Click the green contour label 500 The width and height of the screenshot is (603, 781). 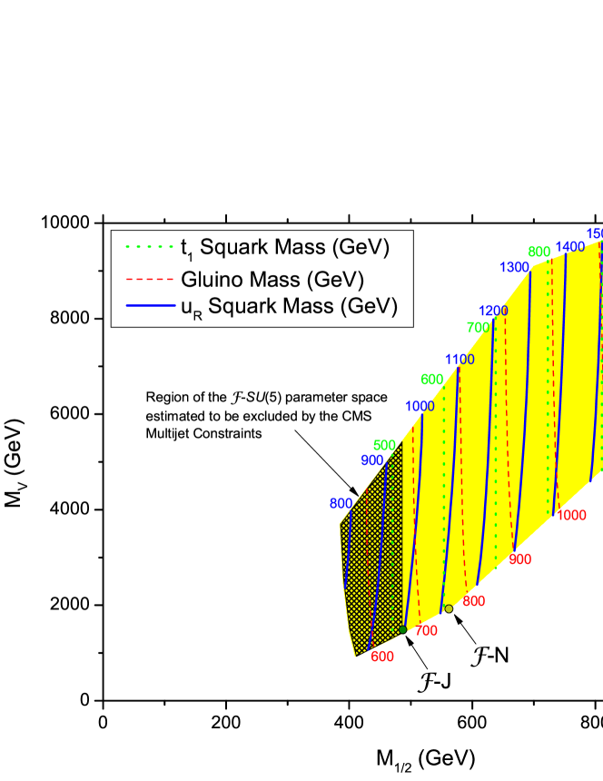384,445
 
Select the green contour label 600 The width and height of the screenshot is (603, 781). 432,380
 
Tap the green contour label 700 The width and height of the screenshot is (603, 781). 478,327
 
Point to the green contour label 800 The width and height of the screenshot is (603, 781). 539,252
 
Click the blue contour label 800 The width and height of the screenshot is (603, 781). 341,503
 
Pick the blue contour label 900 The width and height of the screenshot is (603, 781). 372,460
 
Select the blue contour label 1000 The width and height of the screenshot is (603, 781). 420,407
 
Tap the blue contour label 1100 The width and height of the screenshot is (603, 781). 460,360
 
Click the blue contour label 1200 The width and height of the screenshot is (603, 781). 493,311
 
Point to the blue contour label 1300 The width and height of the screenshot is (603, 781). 514,267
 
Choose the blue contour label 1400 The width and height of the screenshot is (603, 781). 570,247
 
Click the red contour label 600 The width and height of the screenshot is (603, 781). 382,657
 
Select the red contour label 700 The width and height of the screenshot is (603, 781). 426,630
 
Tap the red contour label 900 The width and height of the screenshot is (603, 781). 519,559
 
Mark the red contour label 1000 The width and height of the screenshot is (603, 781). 571,515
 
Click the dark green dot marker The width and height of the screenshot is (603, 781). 402,629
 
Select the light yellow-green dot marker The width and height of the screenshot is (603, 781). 449,608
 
